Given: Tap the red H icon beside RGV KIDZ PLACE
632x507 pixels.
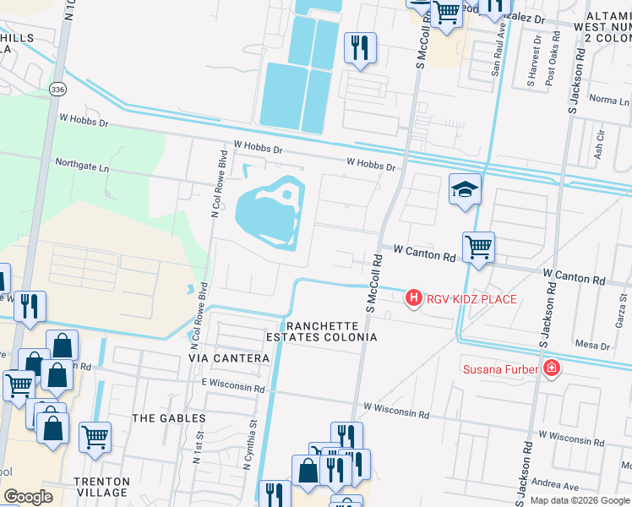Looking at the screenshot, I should tap(414, 297).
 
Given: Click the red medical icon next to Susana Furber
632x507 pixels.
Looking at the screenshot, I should tap(551, 368).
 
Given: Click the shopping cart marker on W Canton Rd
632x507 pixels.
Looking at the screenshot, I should tap(478, 247).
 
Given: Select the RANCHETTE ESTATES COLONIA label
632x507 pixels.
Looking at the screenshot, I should tap(330, 331).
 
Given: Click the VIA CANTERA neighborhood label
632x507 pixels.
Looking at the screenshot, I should tap(229, 359).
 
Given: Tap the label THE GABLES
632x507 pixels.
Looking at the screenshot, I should tap(169, 418).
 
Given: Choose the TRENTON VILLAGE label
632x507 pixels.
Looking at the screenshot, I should tap(101, 487).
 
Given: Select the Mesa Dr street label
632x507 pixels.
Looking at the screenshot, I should tap(592, 346).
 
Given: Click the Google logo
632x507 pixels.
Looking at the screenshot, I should tap(28, 497).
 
